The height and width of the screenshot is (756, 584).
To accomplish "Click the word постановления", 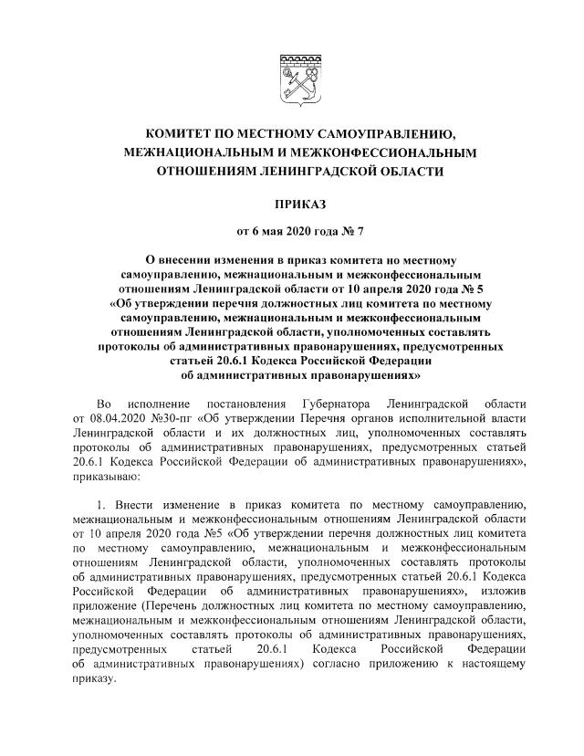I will (x=245, y=404).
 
